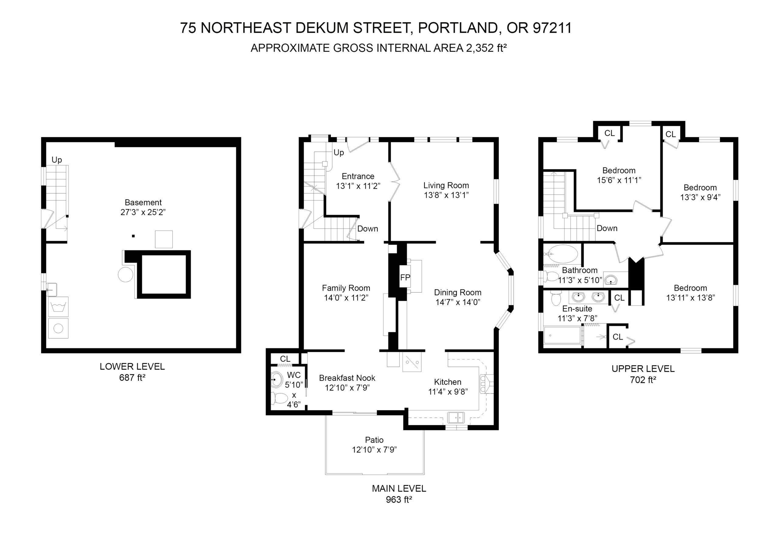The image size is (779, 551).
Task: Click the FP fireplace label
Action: pyautogui.click(x=405, y=278)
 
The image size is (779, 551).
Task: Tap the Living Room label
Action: pyautogui.click(x=446, y=185)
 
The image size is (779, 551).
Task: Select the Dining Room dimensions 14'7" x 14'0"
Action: pyautogui.click(x=458, y=302)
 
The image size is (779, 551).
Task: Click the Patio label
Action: pyautogui.click(x=374, y=440)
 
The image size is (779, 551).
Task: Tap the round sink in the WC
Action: pyautogui.click(x=277, y=380)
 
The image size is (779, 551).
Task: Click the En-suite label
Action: pyautogui.click(x=577, y=309)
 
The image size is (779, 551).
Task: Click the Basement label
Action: pyautogui.click(x=143, y=202)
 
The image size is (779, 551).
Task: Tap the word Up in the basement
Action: pyautogui.click(x=57, y=160)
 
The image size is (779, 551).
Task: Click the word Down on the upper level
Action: pyautogui.click(x=607, y=228)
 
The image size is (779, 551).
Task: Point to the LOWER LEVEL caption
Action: pyautogui.click(x=132, y=367)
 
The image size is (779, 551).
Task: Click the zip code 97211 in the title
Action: pyautogui.click(x=552, y=28)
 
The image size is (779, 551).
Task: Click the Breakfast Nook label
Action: pyautogui.click(x=347, y=378)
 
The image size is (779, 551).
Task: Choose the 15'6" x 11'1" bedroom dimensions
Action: pyautogui.click(x=619, y=180)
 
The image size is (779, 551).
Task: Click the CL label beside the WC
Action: pyautogui.click(x=285, y=359)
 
